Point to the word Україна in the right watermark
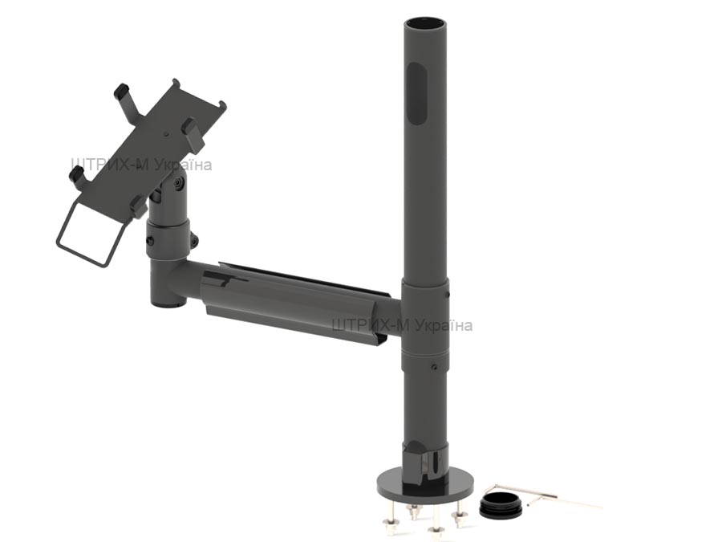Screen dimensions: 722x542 [443, 325]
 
